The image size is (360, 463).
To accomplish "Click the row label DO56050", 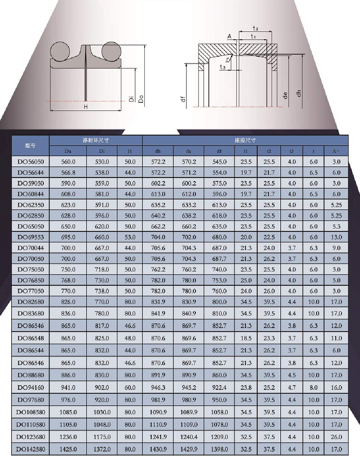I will pyautogui.click(x=31, y=162).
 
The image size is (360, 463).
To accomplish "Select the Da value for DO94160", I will pyautogui.click(x=68, y=388).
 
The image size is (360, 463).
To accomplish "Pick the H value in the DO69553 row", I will pyautogui.click(x=130, y=237).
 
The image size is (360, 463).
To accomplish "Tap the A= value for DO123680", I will pyautogui.click(x=336, y=437).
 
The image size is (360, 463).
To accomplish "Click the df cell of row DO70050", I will pyautogui.click(x=219, y=259).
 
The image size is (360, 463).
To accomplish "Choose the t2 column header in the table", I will pyautogui.click(x=269, y=151).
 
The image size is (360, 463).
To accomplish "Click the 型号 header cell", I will pyautogui.click(x=30, y=146).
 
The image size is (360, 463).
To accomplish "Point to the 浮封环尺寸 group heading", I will pyautogui.click(x=96, y=140).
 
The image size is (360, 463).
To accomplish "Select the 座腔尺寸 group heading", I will pyautogui.click(x=245, y=140).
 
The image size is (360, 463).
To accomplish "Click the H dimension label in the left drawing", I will pyautogui.click(x=86, y=107).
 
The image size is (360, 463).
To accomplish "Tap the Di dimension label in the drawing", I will pyautogui.click(x=131, y=99).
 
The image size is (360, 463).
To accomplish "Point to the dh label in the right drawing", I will pyautogui.click(x=299, y=93).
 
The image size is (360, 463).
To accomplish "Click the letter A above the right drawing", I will pyautogui.click(x=230, y=36).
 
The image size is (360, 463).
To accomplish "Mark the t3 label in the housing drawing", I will pyautogui.click(x=223, y=67).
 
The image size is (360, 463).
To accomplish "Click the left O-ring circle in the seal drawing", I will pyautogui.click(x=60, y=51).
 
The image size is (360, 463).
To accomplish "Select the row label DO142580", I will pyautogui.click(x=31, y=449).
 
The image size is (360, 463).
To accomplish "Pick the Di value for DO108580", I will pyautogui.click(x=102, y=412).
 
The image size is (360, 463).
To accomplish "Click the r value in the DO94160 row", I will pyautogui.click(x=313, y=388).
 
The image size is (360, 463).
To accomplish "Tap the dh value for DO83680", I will pyautogui.click(x=158, y=314).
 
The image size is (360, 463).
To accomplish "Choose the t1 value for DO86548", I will pyautogui.click(x=246, y=338).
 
